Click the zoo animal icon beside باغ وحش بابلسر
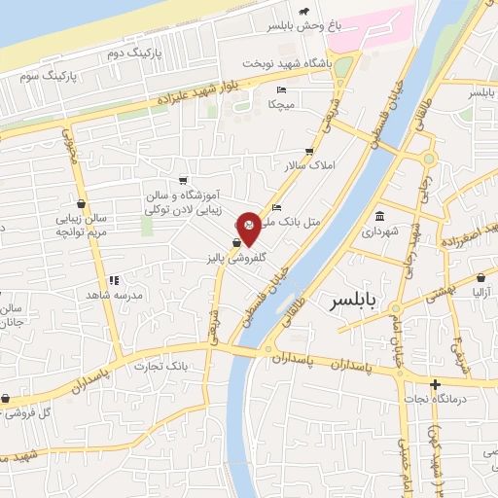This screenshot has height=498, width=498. coord(305,12)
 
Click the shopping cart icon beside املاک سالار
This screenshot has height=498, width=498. coord(309,152)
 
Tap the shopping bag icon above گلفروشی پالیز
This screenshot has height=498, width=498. coord(236,243)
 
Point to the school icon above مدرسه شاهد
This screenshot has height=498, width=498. coord(115,279)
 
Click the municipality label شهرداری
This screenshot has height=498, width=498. coord(379,233)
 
